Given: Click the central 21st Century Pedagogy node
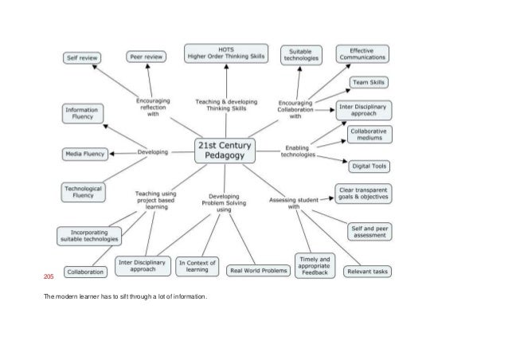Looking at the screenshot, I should click(226, 151).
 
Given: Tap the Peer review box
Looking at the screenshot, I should click(147, 57).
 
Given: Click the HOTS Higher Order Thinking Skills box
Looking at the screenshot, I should click(226, 53).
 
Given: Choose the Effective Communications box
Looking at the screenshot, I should click(362, 54).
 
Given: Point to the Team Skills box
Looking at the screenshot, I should click(369, 82).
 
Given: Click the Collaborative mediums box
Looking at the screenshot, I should click(369, 134).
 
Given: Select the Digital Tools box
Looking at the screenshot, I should click(369, 166).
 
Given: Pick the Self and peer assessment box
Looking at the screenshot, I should click(369, 232).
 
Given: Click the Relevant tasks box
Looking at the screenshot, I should click(367, 272).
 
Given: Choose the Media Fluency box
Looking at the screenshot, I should click(84, 152).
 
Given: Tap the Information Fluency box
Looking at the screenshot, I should click(82, 114).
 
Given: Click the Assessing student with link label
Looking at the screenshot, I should click(294, 202).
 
